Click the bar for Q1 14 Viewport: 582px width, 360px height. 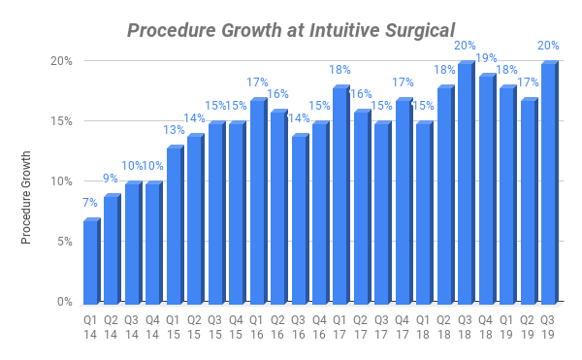pos(90,261)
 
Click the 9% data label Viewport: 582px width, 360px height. pos(112,179)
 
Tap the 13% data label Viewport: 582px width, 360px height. pos(175,130)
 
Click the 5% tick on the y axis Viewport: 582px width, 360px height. pos(64,242)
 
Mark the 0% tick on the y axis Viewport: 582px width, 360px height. pos(64,302)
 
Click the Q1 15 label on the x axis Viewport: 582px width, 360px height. pos(174,326)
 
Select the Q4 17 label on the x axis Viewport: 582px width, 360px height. pos(403,326)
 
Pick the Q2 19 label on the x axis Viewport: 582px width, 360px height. pos(528,326)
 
